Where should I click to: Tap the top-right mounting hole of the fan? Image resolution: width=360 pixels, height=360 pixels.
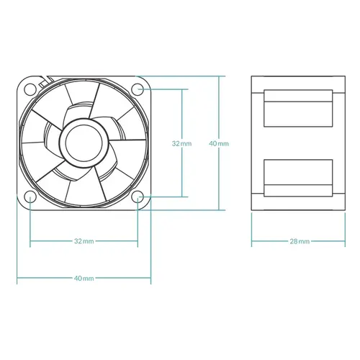(138, 89)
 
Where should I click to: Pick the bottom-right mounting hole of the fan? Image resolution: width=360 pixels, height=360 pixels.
(138, 197)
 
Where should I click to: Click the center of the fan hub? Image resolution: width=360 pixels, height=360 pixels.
(83, 143)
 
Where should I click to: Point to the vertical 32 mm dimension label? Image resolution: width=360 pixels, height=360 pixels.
(181, 143)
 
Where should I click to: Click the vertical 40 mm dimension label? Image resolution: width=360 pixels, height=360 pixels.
(218, 143)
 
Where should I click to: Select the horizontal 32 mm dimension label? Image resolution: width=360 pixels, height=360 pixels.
(84, 240)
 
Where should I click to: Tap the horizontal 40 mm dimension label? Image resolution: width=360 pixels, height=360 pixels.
(84, 278)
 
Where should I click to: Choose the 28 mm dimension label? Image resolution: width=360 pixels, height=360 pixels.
(300, 240)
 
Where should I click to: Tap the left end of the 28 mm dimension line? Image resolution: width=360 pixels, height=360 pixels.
(251, 240)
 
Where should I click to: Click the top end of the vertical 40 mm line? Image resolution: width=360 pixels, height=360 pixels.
(218, 75)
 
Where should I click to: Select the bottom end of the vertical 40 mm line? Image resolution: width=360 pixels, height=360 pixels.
(218, 210)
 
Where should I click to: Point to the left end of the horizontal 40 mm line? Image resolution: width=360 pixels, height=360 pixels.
(17, 278)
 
